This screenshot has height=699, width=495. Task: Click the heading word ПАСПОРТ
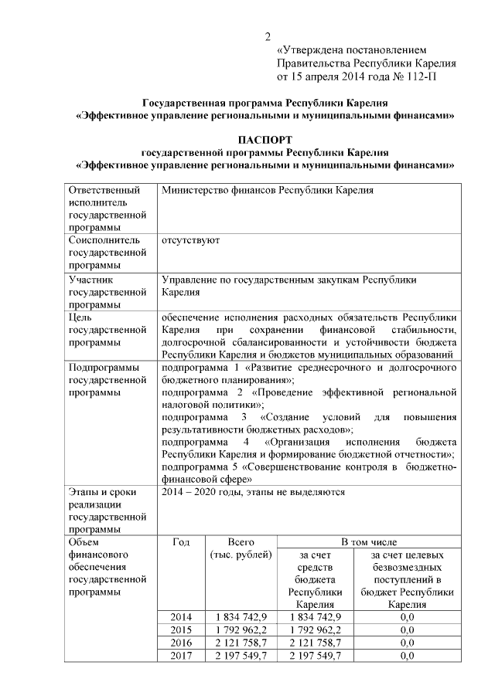tap(265, 140)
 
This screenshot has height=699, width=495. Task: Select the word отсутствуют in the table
tap(190, 240)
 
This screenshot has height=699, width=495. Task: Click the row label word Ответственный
tap(104, 190)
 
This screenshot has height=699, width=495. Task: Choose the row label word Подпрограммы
tap(104, 367)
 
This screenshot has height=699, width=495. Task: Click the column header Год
tap(180, 542)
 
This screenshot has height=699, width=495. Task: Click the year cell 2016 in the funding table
tap(180, 643)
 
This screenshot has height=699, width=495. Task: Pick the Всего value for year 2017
tap(241, 656)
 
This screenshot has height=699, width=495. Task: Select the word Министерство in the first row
tap(196, 190)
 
